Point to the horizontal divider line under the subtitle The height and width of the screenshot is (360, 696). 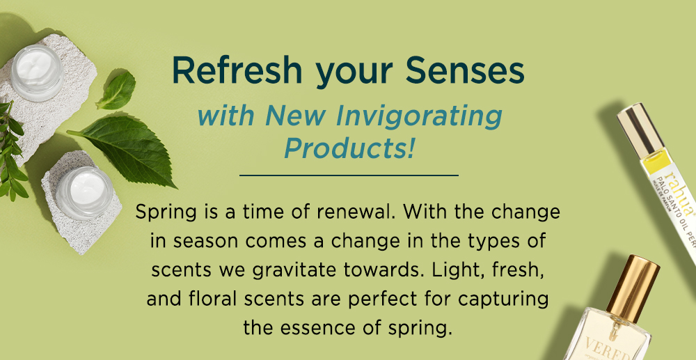click(349, 175)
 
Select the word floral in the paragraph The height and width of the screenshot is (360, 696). click(206, 299)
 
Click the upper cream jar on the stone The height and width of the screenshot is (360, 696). click(38, 72)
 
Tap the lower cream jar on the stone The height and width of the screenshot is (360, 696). click(84, 193)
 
